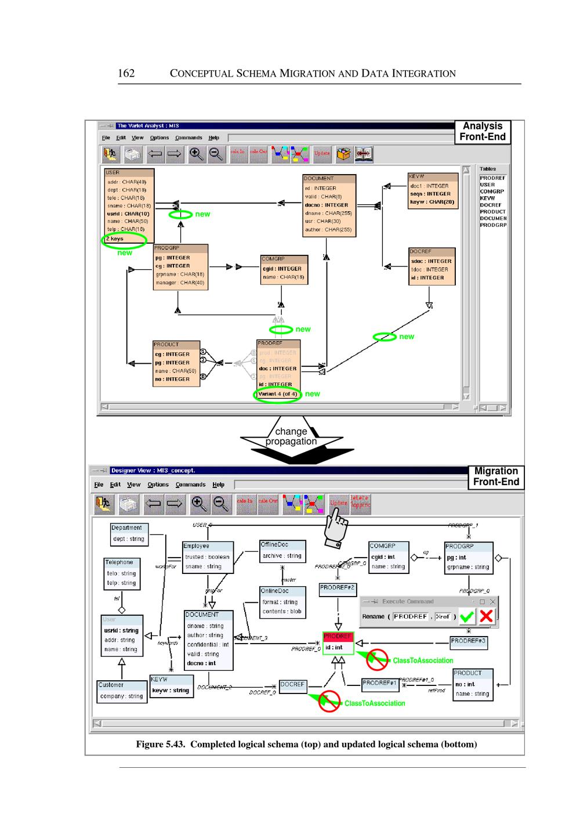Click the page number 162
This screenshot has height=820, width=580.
[126, 73]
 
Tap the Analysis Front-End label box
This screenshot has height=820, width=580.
[482, 132]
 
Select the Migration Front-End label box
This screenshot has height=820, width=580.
[495, 476]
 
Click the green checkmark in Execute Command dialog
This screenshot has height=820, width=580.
[467, 617]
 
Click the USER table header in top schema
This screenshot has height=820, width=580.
[129, 172]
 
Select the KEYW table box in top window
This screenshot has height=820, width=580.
[432, 190]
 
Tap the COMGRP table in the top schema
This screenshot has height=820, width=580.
[284, 269]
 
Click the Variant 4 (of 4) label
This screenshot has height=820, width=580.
[278, 394]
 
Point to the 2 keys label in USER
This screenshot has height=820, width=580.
[115, 239]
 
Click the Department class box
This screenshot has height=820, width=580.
[129, 534]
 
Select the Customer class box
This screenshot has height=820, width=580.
[121, 691]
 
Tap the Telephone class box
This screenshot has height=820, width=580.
[121, 573]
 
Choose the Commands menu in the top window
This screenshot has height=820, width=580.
[188, 138]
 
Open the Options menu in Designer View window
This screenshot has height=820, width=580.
[158, 485]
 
